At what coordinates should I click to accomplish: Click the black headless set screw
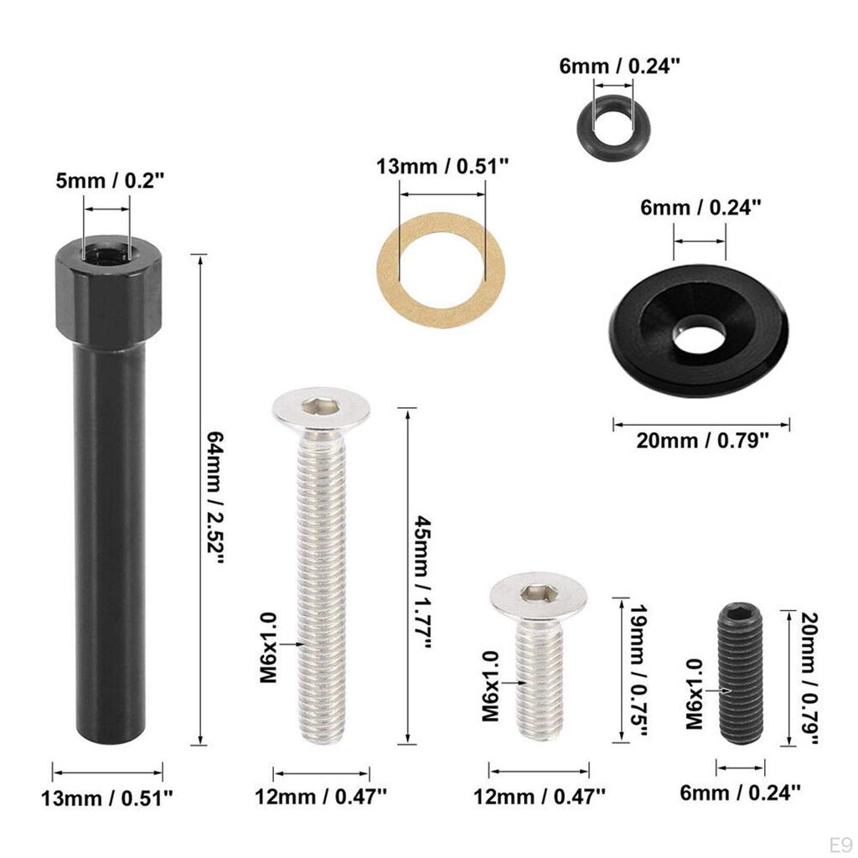click(x=740, y=675)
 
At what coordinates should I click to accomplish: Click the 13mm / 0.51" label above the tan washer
click(x=442, y=167)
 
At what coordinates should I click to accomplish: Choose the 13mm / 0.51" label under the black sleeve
click(x=107, y=797)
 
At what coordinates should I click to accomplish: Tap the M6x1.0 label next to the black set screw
click(x=695, y=693)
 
